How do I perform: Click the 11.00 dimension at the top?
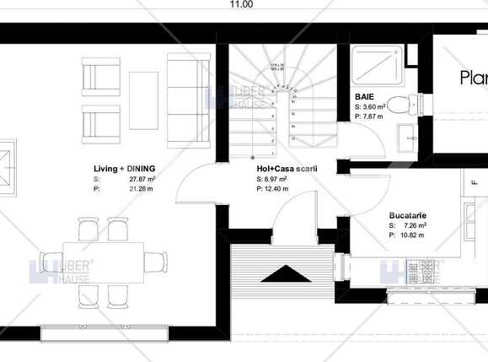241,4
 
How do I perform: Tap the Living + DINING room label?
124,169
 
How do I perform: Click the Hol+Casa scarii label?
287,169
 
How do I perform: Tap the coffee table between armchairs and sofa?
143,100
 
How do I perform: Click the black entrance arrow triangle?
286,273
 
